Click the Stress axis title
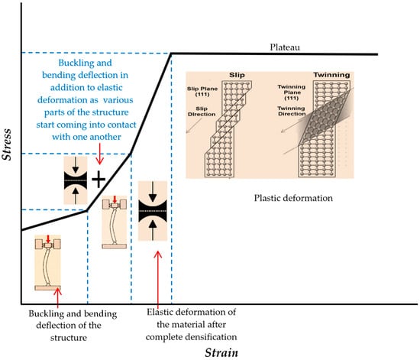[x=6, y=144]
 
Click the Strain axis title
[x=221, y=352]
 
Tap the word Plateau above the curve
[x=285, y=47]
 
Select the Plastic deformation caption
[x=293, y=198]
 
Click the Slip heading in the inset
[x=237, y=75]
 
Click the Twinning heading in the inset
[x=331, y=75]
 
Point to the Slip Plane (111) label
[x=202, y=92]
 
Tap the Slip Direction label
[x=202, y=112]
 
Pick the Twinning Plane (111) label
[x=292, y=92]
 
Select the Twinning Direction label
[x=292, y=111]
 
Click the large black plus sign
[x=99, y=179]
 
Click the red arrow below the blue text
[x=99, y=154]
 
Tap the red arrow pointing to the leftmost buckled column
[x=58, y=297]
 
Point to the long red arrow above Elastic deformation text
[x=158, y=280]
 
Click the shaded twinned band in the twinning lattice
[x=326, y=118]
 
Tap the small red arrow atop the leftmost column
[x=48, y=239]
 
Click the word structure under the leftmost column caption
[x=69, y=338]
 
